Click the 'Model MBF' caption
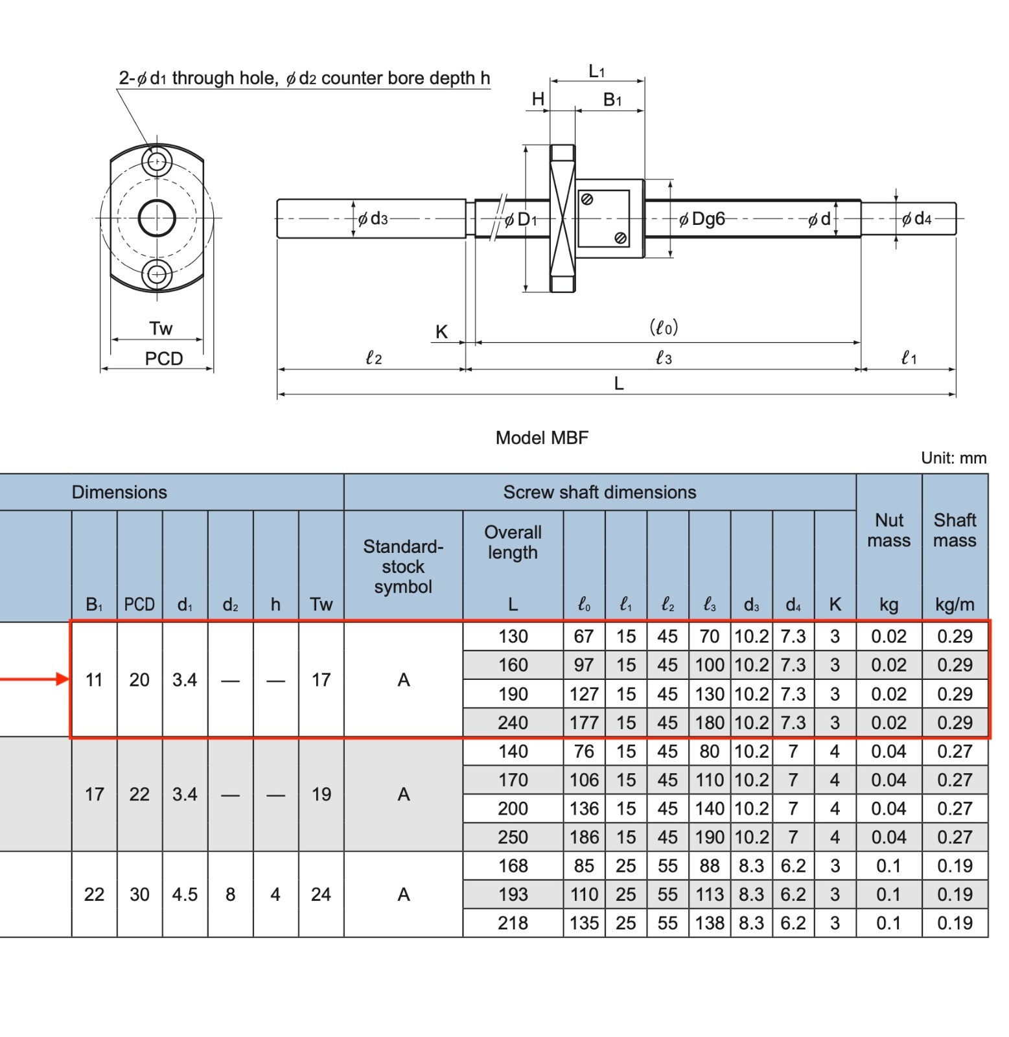coord(542,437)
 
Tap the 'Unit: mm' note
coord(953,458)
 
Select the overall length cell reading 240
coord(513,723)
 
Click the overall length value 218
coord(513,923)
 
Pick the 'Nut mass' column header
coord(888,530)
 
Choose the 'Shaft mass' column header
coord(955,530)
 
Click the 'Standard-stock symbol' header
coord(403,566)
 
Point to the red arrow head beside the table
coord(64,679)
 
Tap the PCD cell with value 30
coord(139,894)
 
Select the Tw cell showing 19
coord(321,795)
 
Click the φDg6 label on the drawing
coord(702,219)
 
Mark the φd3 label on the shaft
coord(373,219)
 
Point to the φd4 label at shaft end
coord(917,219)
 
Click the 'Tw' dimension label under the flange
coord(161,329)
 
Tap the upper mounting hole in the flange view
coord(157,161)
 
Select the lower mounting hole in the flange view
coord(157,274)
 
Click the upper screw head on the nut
coord(587,200)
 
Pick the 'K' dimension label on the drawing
coord(441,332)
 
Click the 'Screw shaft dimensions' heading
coord(599,493)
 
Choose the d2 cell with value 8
coord(230,894)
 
